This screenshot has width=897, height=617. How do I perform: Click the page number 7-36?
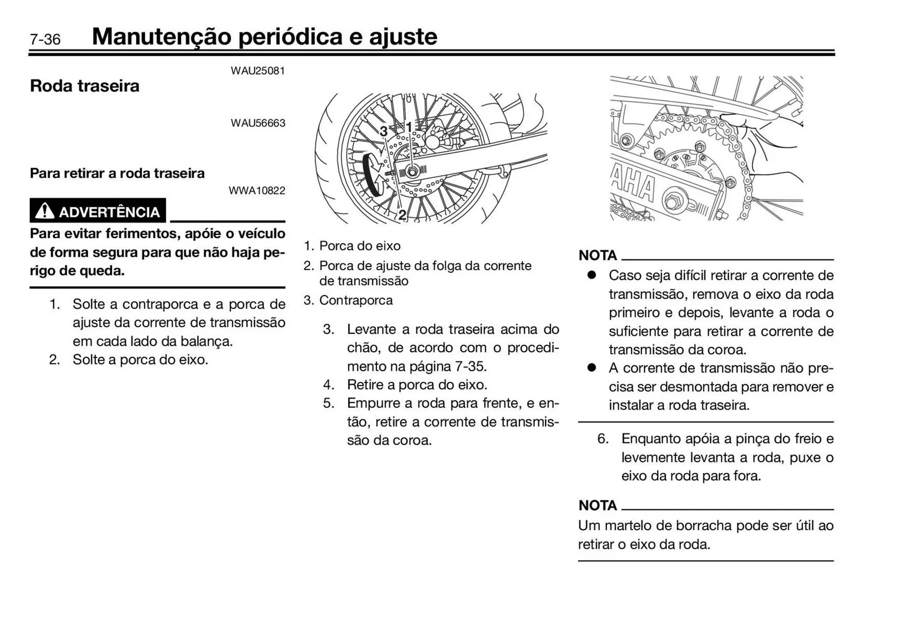click(45, 39)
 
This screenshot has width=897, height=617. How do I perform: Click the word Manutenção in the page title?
click(161, 37)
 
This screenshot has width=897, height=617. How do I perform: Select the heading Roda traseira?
click(85, 86)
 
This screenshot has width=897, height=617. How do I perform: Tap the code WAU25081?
click(257, 71)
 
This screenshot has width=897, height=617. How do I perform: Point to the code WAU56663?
click(257, 123)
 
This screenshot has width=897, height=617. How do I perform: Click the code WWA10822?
click(256, 191)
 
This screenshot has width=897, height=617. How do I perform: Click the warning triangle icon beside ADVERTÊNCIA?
click(44, 211)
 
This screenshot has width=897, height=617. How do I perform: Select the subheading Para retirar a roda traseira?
click(117, 173)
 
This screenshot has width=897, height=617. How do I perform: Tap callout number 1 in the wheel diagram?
click(409, 127)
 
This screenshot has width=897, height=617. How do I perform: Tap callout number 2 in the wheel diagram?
click(402, 215)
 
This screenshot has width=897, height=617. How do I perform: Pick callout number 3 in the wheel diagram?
click(384, 132)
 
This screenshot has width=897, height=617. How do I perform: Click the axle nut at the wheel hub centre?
click(412, 171)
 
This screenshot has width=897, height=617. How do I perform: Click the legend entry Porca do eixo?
click(359, 246)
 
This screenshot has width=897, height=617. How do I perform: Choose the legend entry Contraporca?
click(356, 300)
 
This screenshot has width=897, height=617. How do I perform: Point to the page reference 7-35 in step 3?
click(470, 366)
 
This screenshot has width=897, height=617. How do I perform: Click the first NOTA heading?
click(598, 255)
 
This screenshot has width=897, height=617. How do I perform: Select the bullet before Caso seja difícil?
click(591, 275)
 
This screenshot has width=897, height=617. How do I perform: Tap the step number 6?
click(603, 439)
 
